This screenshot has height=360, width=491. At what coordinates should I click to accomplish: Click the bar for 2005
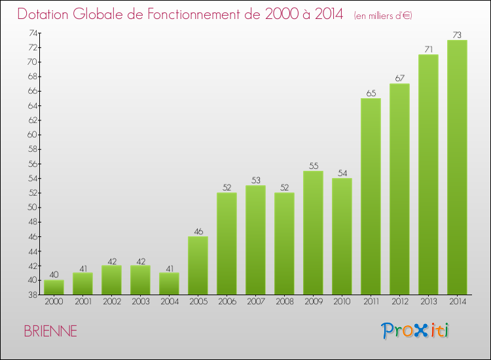[198, 265]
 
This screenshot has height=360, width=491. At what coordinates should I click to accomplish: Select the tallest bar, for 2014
[457, 167]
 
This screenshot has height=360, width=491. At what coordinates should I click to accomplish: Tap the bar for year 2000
[54, 287]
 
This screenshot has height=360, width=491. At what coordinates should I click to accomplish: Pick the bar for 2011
[371, 196]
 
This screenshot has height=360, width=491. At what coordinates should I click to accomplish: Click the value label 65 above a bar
[371, 93]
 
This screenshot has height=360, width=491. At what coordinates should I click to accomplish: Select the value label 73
[457, 35]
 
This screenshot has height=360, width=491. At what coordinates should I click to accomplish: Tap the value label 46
[198, 231]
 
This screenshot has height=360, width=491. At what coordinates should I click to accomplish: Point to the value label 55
[313, 166]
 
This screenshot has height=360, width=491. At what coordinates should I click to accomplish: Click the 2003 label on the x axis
[140, 301]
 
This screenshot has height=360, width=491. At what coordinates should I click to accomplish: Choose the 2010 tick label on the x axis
[342, 301]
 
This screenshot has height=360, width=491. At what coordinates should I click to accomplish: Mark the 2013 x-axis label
[428, 301]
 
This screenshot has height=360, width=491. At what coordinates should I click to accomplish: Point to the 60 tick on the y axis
[32, 135]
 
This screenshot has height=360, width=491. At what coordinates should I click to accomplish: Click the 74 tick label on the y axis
[32, 33]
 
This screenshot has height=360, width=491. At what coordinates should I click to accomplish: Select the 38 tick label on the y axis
[32, 295]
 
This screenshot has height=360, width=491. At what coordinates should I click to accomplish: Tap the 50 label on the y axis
[32, 207]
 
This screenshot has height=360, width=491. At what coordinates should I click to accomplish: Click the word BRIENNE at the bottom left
[50, 331]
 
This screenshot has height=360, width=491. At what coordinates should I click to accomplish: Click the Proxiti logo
[416, 331]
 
